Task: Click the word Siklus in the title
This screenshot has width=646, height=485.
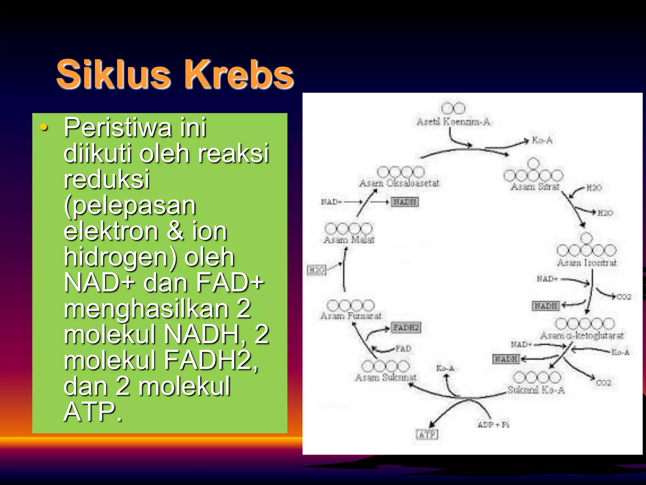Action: tap(114, 75)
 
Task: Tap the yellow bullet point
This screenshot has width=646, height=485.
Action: tap(44, 128)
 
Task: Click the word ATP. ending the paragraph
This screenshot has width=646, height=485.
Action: tap(93, 412)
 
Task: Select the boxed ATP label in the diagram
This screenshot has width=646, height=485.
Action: tap(427, 435)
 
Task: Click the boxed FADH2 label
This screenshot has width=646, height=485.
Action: tap(406, 328)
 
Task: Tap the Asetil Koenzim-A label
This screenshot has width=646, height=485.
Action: tap(453, 122)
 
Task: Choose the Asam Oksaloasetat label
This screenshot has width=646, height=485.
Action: tap(399, 183)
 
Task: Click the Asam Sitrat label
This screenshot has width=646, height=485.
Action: tap(535, 187)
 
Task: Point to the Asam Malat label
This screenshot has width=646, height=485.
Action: tap(349, 240)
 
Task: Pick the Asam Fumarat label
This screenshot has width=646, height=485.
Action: tap(351, 315)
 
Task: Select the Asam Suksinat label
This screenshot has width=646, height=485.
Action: tap(385, 377)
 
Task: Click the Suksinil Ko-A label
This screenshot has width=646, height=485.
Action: tap(536, 390)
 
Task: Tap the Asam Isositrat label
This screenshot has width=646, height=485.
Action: tap(586, 262)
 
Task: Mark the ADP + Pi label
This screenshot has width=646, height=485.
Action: tap(493, 425)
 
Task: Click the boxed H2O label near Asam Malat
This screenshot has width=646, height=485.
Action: tap(316, 270)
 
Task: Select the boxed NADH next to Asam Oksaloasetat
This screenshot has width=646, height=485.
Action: tap(405, 202)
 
